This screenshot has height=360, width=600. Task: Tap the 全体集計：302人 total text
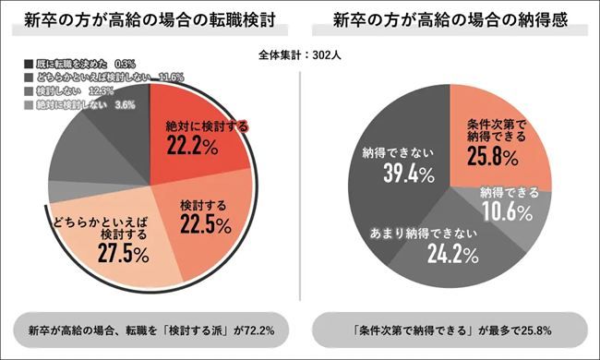pos(300,54)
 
